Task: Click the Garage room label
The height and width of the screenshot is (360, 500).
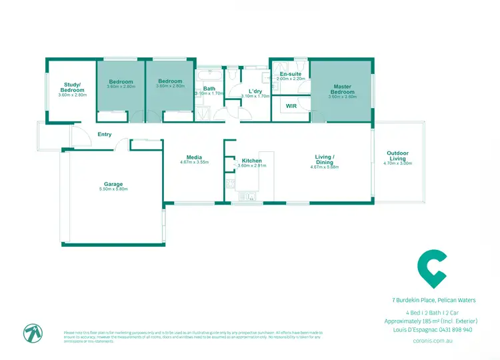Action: coord(113,184)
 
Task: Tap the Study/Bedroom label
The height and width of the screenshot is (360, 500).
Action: coord(73,87)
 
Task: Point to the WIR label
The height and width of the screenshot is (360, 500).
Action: coord(291,106)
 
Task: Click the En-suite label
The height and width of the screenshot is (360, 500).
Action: coord(291,74)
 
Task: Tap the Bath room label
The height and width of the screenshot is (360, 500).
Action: coord(209,89)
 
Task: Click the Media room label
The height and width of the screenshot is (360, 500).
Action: coord(195,157)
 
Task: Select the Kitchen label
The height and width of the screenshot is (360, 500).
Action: coord(252,161)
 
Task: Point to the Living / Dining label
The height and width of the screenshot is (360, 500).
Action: coord(325,159)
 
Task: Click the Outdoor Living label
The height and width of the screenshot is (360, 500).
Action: coord(399,156)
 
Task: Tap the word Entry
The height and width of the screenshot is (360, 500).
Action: coord(105,135)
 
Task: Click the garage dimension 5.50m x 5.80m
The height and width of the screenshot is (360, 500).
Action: coord(113,189)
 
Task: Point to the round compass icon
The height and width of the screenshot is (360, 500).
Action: coord(32,333)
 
